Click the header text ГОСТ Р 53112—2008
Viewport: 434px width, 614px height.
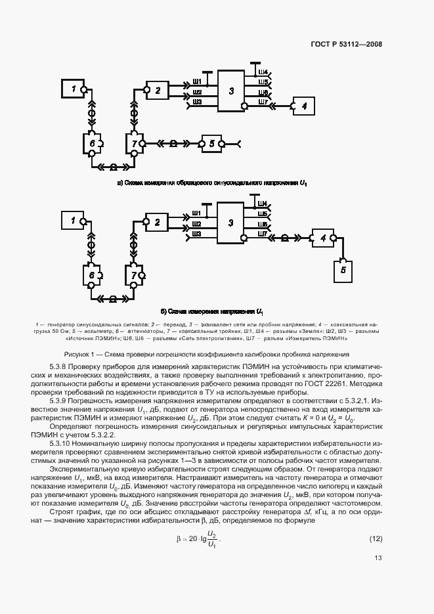(x=346, y=44)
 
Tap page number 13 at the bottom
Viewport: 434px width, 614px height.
(x=378, y=559)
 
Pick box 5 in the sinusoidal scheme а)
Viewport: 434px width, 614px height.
(x=211, y=143)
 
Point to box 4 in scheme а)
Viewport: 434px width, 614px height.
(x=303, y=106)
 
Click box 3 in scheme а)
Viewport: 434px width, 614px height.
(x=231, y=91)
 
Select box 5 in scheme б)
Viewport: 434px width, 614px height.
(x=342, y=269)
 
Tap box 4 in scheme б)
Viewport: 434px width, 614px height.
(x=322, y=238)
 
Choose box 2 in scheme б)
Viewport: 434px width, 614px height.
(x=158, y=223)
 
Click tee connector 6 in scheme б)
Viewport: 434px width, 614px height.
(x=92, y=274)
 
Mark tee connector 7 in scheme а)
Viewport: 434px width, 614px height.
(x=135, y=143)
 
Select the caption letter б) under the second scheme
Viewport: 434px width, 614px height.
(x=163, y=311)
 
